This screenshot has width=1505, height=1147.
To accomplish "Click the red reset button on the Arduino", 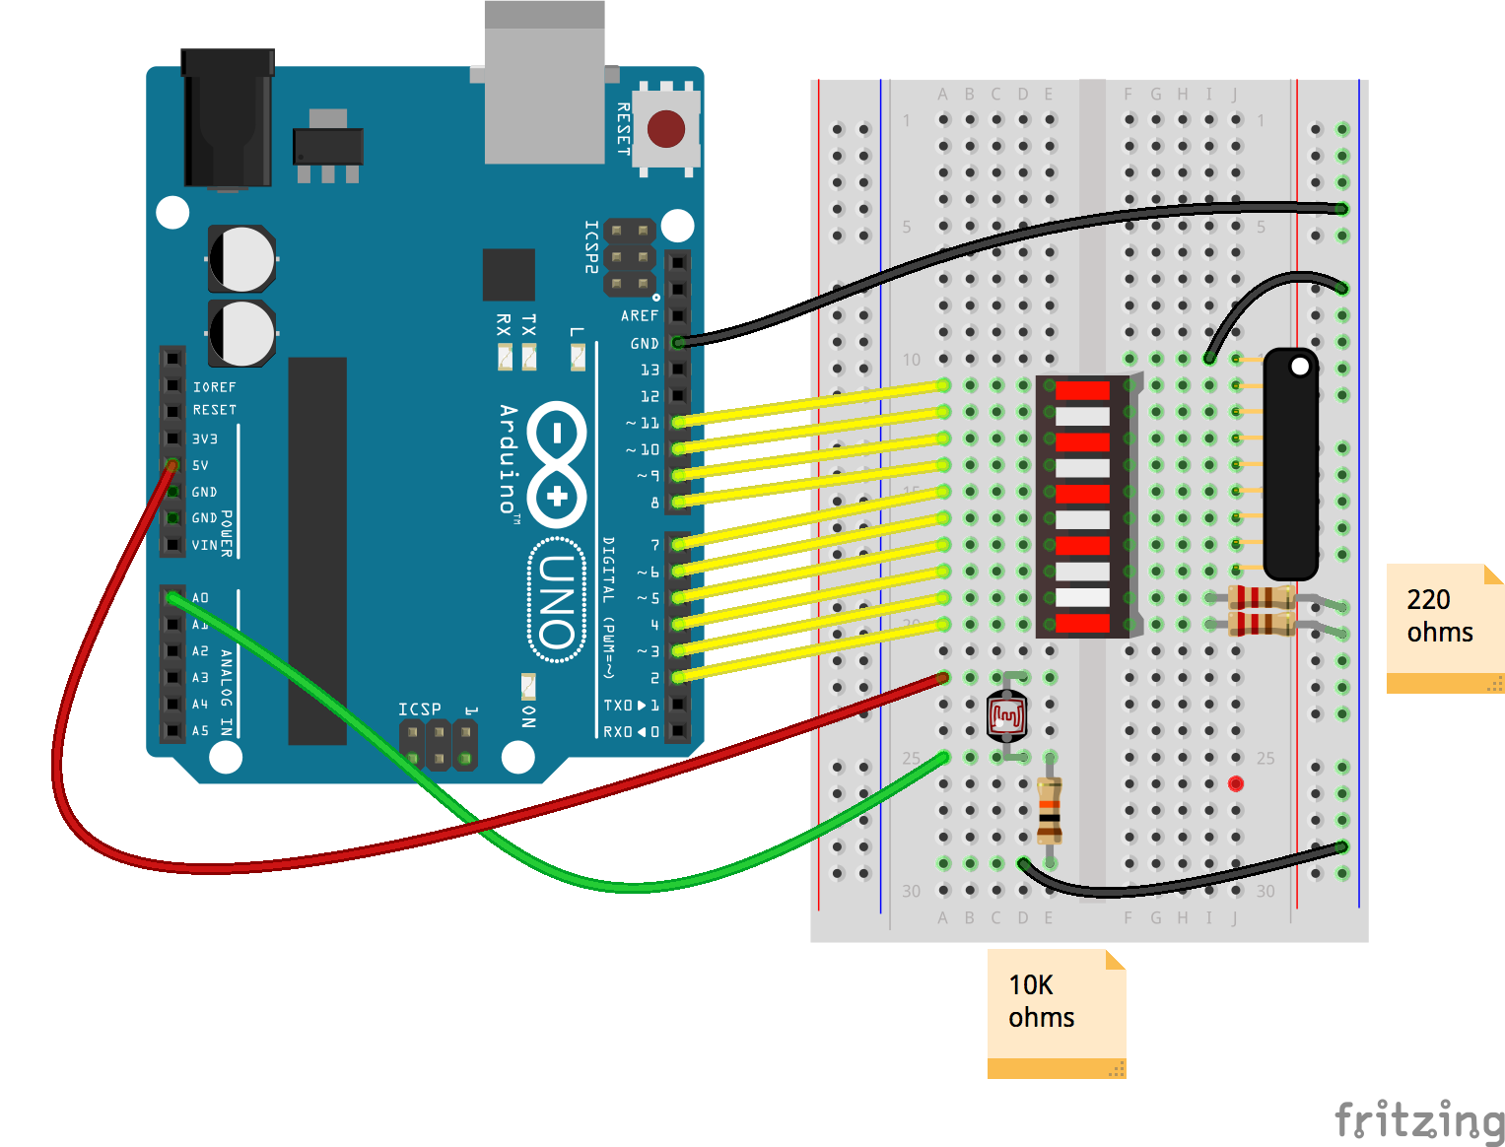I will click(666, 129).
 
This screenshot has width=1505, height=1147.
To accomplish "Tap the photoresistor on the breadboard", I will click(1006, 715).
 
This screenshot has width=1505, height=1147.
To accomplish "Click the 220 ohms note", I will click(1444, 627).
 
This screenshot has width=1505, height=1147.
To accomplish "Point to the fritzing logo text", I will click(1419, 1121).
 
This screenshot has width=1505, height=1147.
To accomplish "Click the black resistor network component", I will click(1290, 463).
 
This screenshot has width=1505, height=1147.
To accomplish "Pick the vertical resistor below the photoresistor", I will click(1049, 810).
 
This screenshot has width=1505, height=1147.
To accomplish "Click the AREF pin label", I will click(639, 316).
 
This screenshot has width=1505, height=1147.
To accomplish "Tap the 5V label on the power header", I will click(200, 465).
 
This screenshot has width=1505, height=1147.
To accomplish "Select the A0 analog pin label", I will click(200, 598).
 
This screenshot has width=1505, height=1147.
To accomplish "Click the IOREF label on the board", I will click(214, 387).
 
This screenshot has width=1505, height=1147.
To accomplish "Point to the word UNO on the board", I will click(559, 600).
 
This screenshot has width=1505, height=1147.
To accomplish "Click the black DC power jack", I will click(227, 118).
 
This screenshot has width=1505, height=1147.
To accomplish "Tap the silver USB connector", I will click(544, 84).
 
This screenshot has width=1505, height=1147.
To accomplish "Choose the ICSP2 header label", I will click(591, 246).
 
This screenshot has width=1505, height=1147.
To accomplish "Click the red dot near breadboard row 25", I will click(1236, 784).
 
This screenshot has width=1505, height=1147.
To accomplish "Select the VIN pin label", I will click(204, 545).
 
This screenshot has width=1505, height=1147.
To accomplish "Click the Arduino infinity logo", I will click(558, 463).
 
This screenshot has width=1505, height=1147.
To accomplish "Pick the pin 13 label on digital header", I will click(650, 370).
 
